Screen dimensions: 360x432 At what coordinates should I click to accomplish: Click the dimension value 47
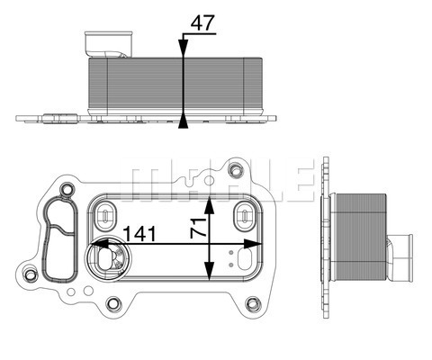[x=202, y=23]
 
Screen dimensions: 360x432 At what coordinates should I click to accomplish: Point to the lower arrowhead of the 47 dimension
[x=184, y=119]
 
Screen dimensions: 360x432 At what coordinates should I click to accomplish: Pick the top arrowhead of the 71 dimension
[x=211, y=196]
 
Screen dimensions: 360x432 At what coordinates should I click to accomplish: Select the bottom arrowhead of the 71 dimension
[x=211, y=279]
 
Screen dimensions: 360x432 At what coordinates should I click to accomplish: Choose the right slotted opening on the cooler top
[x=243, y=215]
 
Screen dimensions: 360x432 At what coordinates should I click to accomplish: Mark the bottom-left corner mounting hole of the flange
[x=33, y=274]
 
